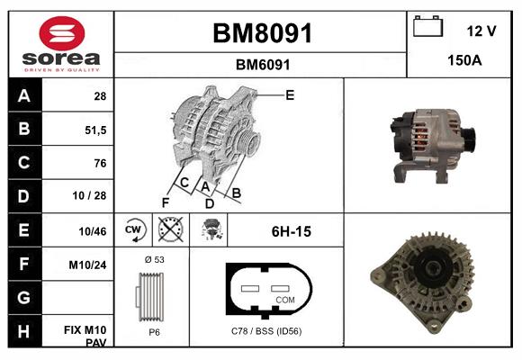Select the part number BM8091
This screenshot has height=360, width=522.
coord(261,33)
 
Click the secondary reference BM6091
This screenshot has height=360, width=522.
coord(261,65)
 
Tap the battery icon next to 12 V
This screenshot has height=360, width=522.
coord(427,28)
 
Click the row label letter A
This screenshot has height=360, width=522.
coord(24,95)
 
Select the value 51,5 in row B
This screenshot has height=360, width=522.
coord(94,129)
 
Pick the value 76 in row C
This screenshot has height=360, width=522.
coord(99,163)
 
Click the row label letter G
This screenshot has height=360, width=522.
coord(24,297)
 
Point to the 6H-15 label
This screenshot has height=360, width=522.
coord(291,231)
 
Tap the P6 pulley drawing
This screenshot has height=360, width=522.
coord(152,295)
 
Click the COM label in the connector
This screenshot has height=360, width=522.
coord(284,300)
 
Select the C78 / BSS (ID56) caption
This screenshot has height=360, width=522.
coord(266,331)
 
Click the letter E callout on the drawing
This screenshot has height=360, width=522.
coord(290,94)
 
